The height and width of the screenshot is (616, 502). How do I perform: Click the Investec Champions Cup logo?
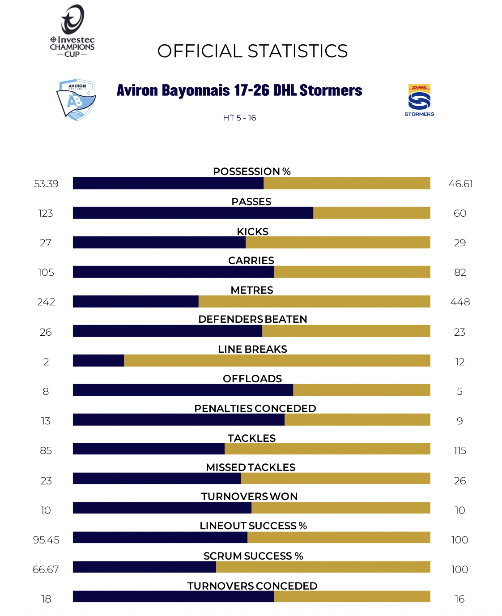click(72, 31)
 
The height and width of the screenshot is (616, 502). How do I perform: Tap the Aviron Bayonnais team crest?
click(76, 100)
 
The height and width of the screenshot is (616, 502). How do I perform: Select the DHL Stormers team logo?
click(419, 100)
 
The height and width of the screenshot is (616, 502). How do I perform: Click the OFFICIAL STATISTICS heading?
click(252, 51)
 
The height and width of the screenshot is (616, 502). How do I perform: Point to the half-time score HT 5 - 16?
click(239, 118)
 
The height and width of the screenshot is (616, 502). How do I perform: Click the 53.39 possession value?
click(46, 184)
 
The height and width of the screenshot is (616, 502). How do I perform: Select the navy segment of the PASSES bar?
click(193, 213)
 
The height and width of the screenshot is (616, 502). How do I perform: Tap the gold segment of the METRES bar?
click(314, 301)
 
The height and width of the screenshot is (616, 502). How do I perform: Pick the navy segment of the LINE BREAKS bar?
click(98, 360)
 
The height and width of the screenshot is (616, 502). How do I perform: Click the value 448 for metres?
click(460, 302)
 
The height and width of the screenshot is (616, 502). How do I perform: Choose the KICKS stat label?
click(252, 231)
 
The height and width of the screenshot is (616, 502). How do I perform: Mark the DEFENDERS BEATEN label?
click(252, 319)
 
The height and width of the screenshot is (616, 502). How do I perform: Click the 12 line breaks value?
click(460, 362)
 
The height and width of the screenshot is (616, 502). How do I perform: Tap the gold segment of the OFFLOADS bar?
click(362, 390)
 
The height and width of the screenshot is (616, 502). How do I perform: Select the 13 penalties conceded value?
click(46, 421)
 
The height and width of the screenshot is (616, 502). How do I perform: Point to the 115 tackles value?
click(460, 450)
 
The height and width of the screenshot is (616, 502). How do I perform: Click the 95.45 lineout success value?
click(46, 540)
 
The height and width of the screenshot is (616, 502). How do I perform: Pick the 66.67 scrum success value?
click(46, 569)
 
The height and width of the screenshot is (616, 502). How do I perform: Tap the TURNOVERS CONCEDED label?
click(252, 586)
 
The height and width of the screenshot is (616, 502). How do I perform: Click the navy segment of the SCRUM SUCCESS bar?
click(145, 567)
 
